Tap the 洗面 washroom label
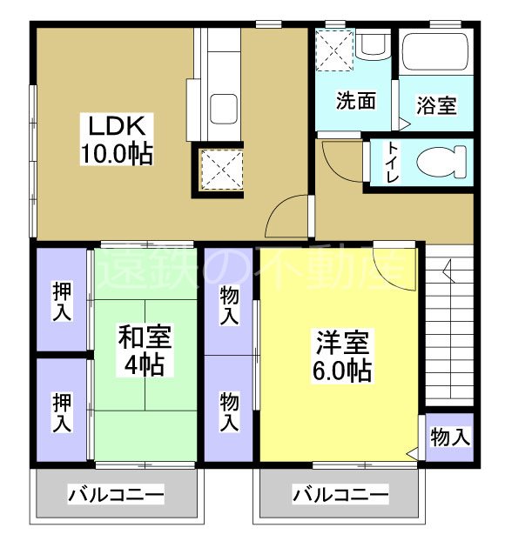pyautogui.click(x=356, y=101)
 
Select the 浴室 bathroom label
pyautogui.click(x=436, y=106)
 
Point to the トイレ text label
pyautogui.click(x=393, y=163)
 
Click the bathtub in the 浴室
pyautogui.click(x=435, y=57)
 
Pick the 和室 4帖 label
pyautogui.click(x=144, y=350)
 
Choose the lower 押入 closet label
pyautogui.click(x=61, y=413)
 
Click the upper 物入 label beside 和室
pyautogui.click(x=229, y=304)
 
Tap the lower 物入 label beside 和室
pyautogui.click(x=229, y=411)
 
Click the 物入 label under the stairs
pyautogui.click(x=450, y=437)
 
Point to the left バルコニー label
pyautogui.click(x=116, y=496)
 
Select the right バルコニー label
pyautogui.click(x=340, y=496)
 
